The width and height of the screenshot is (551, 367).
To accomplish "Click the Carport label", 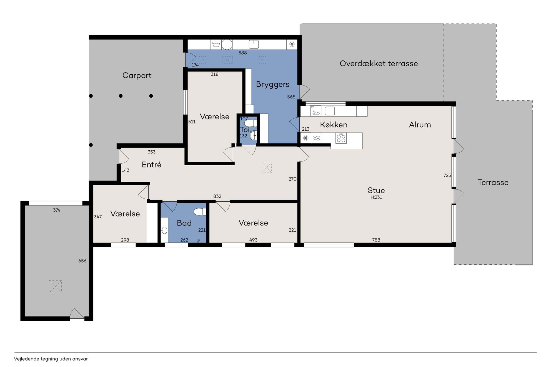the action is pyautogui.click(x=137, y=75).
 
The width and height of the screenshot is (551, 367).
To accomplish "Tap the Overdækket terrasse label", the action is pyautogui.click(x=379, y=64).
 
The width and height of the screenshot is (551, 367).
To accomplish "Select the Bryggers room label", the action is pyautogui.click(x=272, y=84).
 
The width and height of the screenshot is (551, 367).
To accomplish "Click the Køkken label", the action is pyautogui.click(x=334, y=125).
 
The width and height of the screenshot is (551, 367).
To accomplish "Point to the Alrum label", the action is pyautogui.click(x=420, y=125).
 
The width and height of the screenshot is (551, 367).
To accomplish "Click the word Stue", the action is pyautogui.click(x=376, y=190).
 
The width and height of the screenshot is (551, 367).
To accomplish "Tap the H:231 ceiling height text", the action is pyautogui.click(x=376, y=197).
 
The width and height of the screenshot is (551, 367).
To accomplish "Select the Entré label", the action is pyautogui.click(x=151, y=164).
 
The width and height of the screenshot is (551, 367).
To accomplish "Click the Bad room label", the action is pyautogui.click(x=184, y=223).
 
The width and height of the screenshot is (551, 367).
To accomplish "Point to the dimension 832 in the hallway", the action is pyautogui.click(x=217, y=196).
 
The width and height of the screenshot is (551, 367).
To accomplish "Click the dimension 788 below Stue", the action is pyautogui.click(x=376, y=240).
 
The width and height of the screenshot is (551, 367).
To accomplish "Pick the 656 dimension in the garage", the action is pyautogui.click(x=82, y=261).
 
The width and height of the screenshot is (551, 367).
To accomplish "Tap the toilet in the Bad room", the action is pyautogui.click(x=200, y=212).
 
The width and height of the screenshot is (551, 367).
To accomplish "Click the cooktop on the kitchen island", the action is pyautogui.click(x=341, y=138).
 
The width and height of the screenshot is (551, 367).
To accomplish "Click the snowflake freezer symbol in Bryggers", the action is pyautogui.click(x=292, y=44).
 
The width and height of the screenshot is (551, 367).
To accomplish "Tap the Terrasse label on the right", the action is pyautogui.click(x=493, y=183).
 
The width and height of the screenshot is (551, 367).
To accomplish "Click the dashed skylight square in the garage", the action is pyautogui.click(x=55, y=287).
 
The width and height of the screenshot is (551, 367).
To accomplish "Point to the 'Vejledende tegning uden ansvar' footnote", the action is pyautogui.click(x=51, y=359).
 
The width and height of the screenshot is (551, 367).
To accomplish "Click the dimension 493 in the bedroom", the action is pyautogui.click(x=253, y=240).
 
